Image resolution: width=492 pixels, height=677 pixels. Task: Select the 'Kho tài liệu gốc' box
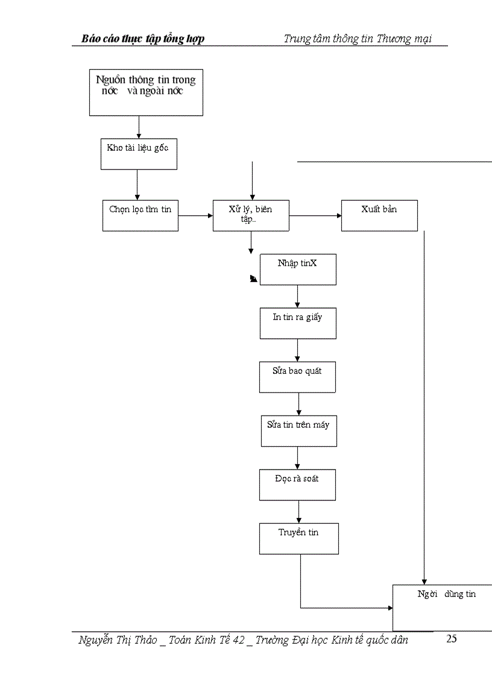[x=138, y=154]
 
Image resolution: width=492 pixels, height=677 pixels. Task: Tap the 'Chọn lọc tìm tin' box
[x=140, y=215]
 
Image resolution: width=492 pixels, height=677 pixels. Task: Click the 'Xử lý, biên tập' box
[x=251, y=215]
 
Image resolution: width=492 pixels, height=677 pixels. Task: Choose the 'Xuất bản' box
[x=379, y=215]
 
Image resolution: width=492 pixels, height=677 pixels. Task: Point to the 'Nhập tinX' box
[x=298, y=269]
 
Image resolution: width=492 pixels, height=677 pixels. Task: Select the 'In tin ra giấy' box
[x=298, y=323]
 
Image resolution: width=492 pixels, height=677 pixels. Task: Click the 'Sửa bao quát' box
[x=297, y=377]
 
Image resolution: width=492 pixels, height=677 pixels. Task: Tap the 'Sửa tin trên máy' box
[x=298, y=430]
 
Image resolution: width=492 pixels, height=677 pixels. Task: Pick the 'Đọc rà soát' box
[x=297, y=485]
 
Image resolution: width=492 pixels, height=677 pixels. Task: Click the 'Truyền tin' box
[x=298, y=538]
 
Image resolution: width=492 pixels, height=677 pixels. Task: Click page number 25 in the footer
[x=452, y=640]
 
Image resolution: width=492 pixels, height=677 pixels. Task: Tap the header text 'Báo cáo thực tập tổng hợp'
[x=143, y=39]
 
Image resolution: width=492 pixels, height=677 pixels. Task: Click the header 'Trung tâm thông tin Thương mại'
[x=358, y=39]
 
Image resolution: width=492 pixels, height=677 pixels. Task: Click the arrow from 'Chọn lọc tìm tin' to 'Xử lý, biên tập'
[x=195, y=215]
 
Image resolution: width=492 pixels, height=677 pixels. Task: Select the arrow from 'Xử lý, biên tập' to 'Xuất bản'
[x=315, y=215]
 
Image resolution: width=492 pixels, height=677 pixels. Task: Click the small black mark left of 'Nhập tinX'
[x=254, y=279]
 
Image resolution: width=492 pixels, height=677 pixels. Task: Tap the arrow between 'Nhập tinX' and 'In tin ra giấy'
[x=297, y=296]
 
